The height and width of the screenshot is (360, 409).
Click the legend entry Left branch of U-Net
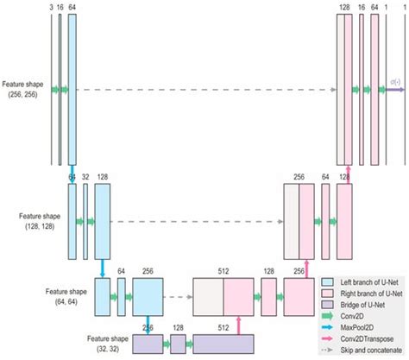360,282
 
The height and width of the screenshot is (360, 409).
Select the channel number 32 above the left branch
85,177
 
